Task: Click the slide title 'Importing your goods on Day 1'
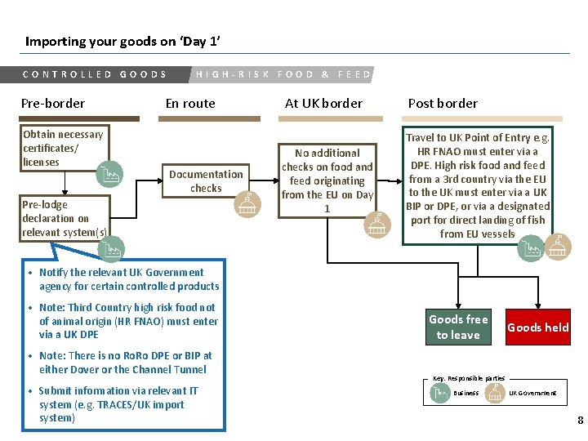coord(122,41)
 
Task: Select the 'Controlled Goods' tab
coord(95,74)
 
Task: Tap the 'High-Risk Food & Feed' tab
coord(283,74)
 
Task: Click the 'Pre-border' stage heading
coord(53,103)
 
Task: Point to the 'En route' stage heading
coord(190,103)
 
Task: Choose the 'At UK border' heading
coord(323,103)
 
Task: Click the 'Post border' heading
coord(443,103)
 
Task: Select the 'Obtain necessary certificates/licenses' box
coord(64,149)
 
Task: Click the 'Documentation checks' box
coord(206,181)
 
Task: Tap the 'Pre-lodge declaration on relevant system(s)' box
coord(64,218)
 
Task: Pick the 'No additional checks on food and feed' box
coord(327,180)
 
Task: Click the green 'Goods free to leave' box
coord(458,327)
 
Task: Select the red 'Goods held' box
coord(538,327)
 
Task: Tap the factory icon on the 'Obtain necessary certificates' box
coord(109,174)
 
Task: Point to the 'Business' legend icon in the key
coord(439,393)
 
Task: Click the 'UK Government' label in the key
coord(532,393)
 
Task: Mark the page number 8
coord(580,421)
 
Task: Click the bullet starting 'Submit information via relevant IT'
coord(118,404)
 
